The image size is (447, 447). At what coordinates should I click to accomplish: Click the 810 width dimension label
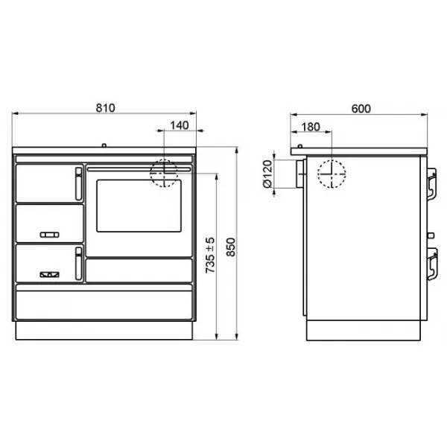click(x=106, y=108)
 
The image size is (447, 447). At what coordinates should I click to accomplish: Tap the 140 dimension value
click(x=180, y=125)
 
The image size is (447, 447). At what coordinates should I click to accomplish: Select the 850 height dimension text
click(x=231, y=247)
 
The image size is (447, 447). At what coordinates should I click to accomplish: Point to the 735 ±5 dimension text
click(x=210, y=255)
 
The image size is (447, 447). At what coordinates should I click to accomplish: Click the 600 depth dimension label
click(x=361, y=109)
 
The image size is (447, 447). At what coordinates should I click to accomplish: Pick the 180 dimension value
click(x=311, y=127)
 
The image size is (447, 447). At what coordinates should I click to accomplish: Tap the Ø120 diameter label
click(x=267, y=174)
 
